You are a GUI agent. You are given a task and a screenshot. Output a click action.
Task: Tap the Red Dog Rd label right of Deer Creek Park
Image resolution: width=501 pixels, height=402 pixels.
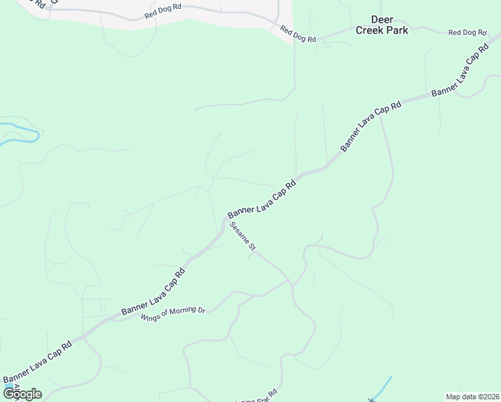coord(467,32)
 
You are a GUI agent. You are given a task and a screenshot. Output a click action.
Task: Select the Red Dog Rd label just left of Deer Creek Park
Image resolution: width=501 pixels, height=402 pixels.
coord(298,34)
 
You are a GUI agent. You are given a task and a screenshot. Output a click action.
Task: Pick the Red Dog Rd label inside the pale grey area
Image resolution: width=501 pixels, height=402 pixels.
coord(163,15)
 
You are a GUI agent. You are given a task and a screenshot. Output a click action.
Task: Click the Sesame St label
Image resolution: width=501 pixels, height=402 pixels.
coord(243,237)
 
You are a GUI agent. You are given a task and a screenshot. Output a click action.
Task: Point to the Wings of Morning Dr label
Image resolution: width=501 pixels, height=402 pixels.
coord(172,313)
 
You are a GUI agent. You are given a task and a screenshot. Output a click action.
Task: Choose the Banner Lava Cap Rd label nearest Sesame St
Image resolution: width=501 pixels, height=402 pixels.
coord(262,199)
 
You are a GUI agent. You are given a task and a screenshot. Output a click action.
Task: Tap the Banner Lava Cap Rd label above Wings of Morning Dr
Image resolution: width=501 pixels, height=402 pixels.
coord(153,292)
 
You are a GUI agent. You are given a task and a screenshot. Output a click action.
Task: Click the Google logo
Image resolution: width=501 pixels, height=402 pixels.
coord(22,394)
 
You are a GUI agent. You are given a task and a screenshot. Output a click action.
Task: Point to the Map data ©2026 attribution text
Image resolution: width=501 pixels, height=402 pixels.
coord(472,397)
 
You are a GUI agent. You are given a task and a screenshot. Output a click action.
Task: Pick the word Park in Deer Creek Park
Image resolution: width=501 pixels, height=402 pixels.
coord(397,30)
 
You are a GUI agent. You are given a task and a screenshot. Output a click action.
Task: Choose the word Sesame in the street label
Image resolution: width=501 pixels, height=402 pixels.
coord(239,232)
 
